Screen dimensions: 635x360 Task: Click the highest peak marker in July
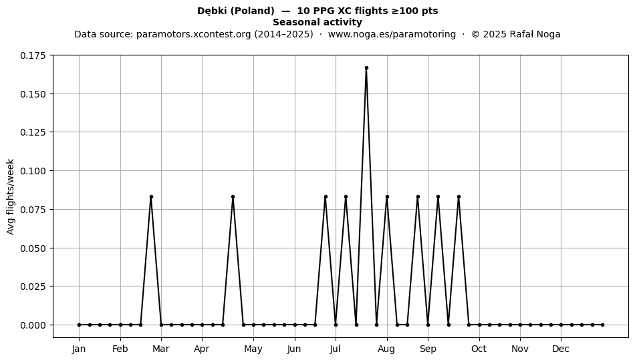[x=366, y=68]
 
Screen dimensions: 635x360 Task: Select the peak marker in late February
[x=151, y=196]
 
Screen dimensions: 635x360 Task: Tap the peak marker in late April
[x=233, y=196]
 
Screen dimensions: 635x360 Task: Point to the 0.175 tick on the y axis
[x=51, y=55]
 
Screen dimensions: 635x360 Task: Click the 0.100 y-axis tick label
[x=33, y=171]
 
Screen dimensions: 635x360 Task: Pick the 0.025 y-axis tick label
[x=33, y=287]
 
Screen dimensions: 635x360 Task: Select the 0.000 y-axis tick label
[x=33, y=325]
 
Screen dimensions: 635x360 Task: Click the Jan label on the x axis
[x=79, y=349]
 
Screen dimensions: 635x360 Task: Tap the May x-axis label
[x=253, y=349]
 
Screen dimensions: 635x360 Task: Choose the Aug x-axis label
[x=387, y=349]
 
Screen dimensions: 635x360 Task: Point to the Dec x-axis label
[x=561, y=349]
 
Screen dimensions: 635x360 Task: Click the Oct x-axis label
[x=479, y=349]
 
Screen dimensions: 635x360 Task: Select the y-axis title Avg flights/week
[x=11, y=196]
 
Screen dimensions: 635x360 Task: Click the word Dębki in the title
[x=212, y=11]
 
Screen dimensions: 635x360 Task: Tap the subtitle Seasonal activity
[x=317, y=22]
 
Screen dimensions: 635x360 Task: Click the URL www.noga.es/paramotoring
[x=392, y=34]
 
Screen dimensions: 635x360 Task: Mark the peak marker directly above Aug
[x=387, y=196]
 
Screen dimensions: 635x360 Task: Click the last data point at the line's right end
[x=603, y=325]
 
